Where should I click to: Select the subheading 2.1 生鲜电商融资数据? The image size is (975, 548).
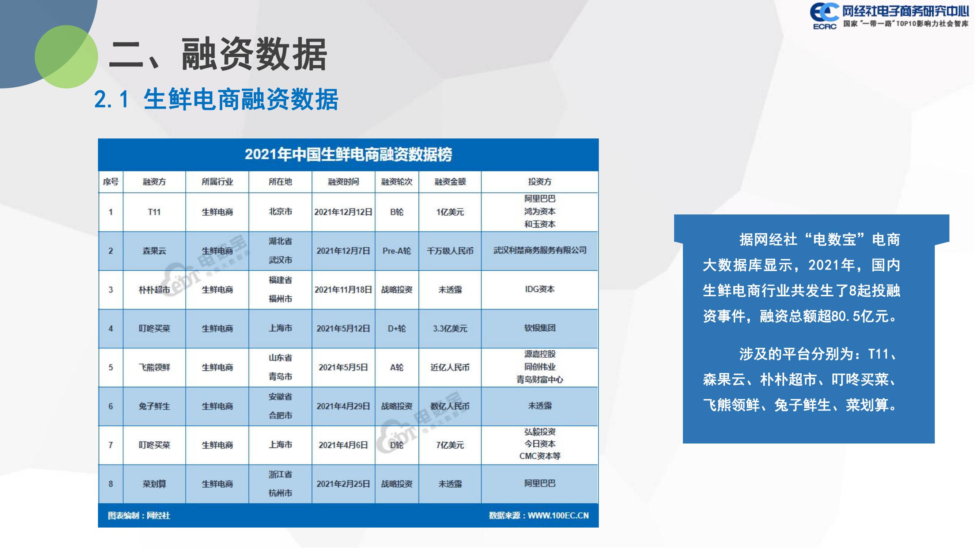[x=216, y=99]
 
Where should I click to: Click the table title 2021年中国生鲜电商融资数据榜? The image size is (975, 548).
[x=348, y=155]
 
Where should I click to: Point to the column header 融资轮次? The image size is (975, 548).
[x=397, y=182]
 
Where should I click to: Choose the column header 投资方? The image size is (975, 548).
[x=540, y=182]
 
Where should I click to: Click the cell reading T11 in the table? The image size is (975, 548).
[x=154, y=212]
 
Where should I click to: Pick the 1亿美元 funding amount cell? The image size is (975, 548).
[x=450, y=212]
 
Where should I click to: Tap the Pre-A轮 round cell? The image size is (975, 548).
[x=397, y=251]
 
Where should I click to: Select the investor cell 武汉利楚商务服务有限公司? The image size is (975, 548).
[x=540, y=250]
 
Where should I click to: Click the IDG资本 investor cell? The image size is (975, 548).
[x=540, y=289]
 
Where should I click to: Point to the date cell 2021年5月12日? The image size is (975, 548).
[x=343, y=329]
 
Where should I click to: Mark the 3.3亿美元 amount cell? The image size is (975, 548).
[x=450, y=329]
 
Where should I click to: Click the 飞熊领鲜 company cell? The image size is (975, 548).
[x=154, y=367]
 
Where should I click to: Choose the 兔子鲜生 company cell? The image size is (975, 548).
[x=154, y=406]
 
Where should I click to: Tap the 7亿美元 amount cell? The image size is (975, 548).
[x=450, y=445]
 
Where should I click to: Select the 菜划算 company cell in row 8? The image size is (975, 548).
[x=154, y=484]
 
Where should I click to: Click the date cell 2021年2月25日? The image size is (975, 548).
[x=343, y=484]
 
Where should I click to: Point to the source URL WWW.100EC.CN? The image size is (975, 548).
[x=558, y=515]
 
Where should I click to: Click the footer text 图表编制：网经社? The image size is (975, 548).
[x=139, y=515]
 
